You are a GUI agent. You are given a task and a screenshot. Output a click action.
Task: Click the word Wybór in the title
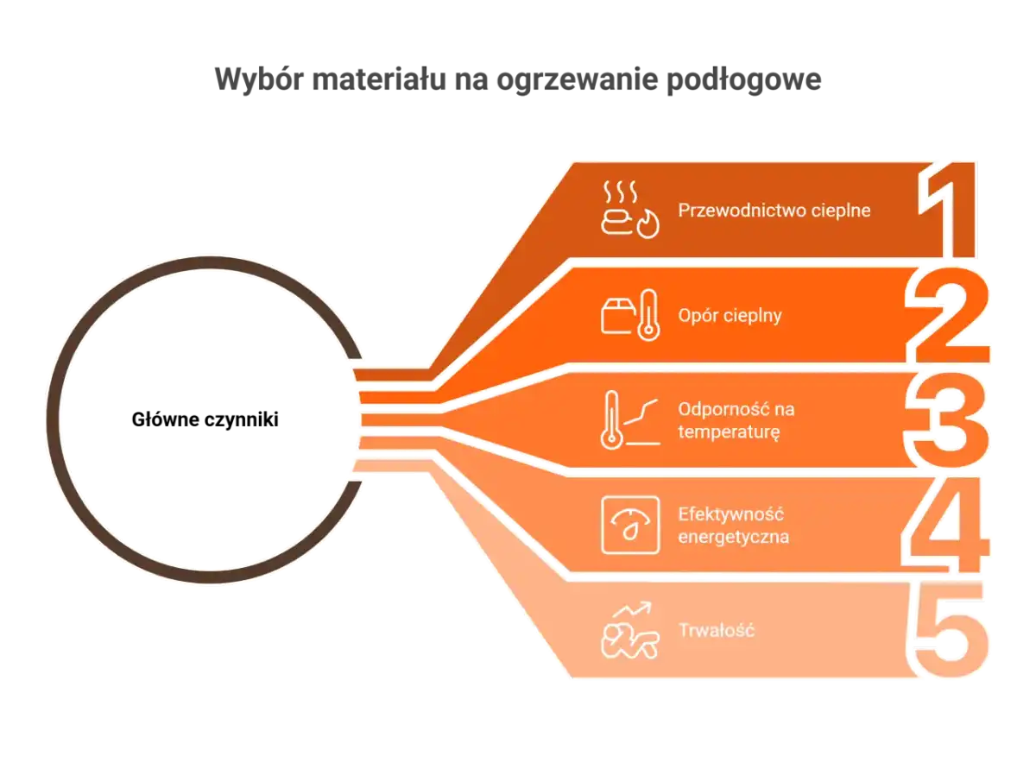pos(259,79)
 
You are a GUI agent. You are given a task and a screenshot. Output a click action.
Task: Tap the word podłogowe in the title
pos(744,79)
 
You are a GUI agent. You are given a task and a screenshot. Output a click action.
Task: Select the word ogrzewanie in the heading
pos(578,80)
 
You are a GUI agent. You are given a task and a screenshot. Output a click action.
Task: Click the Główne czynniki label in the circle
pos(205,419)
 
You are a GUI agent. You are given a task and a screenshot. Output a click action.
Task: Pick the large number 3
pos(947,419)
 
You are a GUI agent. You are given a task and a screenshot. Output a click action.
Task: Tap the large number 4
pos(946,525)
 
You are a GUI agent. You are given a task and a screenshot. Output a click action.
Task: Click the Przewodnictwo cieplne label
pos(774,211)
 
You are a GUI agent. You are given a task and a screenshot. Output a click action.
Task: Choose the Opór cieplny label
pos(730,316)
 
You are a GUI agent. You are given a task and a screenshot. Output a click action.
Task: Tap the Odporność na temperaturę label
pos(736,420)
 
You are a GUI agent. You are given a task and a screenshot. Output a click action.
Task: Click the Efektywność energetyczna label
pos(734,526)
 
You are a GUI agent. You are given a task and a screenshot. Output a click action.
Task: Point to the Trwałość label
pos(717,630)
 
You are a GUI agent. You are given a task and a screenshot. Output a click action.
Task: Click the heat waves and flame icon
pos(629,210)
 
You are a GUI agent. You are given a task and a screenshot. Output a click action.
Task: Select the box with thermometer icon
pos(630,315)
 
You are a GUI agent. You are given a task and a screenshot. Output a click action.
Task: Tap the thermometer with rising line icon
pos(630,419)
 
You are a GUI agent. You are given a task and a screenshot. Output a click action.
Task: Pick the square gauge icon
pos(630,525)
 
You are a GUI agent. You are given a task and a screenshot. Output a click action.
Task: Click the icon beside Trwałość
pos(630,630)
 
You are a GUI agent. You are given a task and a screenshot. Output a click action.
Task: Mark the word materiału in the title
pos(379,79)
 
